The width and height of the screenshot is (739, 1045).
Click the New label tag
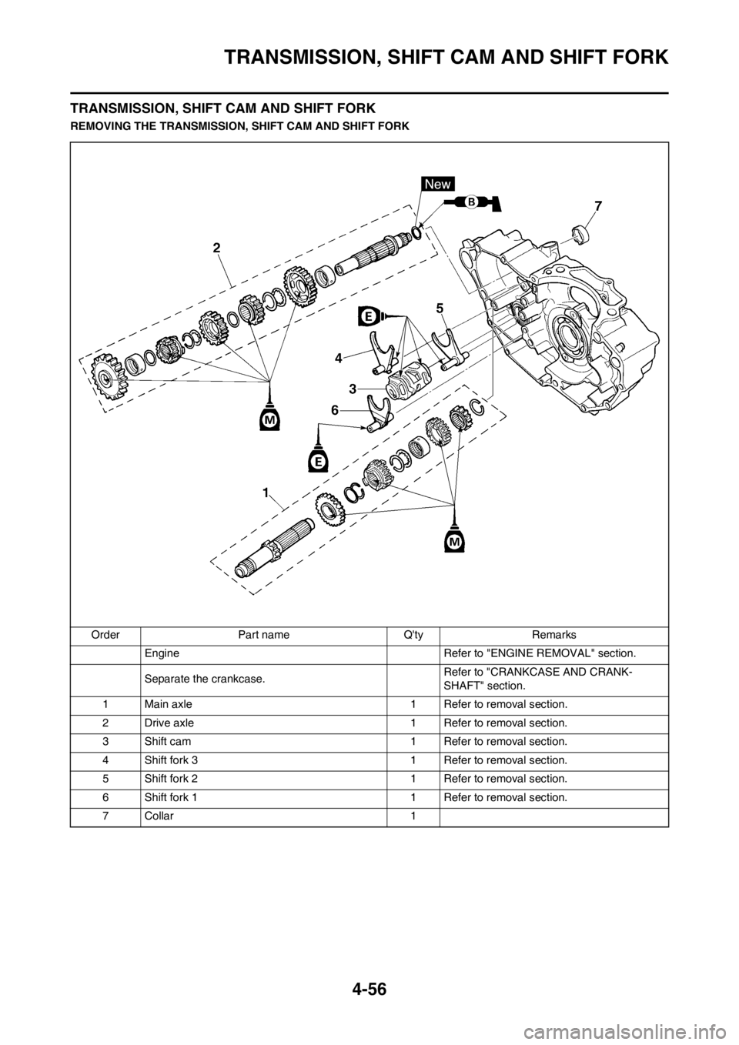click(x=439, y=183)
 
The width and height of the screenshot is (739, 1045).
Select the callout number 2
click(x=217, y=248)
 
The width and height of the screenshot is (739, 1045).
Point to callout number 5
click(x=439, y=308)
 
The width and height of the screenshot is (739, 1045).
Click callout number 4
click(x=338, y=358)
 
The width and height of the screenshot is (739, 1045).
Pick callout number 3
click(x=352, y=389)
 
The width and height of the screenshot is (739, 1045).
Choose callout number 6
click(x=335, y=411)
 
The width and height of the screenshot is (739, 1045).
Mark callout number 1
click(x=265, y=492)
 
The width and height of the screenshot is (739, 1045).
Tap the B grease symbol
click(x=472, y=202)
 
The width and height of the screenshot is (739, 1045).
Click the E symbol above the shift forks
click(x=369, y=316)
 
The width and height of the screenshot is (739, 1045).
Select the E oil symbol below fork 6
click(x=317, y=460)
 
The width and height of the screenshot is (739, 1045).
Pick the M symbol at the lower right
click(x=455, y=542)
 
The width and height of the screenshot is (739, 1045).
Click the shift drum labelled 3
click(x=407, y=378)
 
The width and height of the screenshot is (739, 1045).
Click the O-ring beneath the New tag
click(x=416, y=232)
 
